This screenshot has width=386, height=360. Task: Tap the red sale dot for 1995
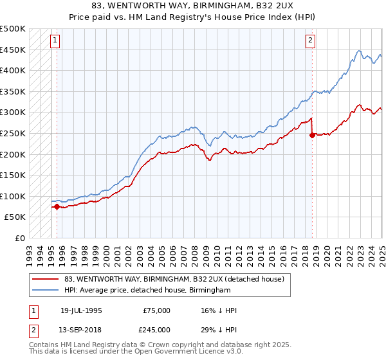[x=57, y=206]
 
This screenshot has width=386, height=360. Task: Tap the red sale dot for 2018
[x=313, y=135]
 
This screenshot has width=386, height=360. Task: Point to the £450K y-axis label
[x=13, y=50]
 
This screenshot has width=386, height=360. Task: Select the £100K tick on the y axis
[x=13, y=196]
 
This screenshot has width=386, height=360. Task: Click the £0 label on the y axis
[x=19, y=238]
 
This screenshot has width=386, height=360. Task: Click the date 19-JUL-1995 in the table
[x=80, y=310]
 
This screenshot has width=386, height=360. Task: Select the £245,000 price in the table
[x=157, y=329]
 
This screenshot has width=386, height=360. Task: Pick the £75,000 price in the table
[x=157, y=310]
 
